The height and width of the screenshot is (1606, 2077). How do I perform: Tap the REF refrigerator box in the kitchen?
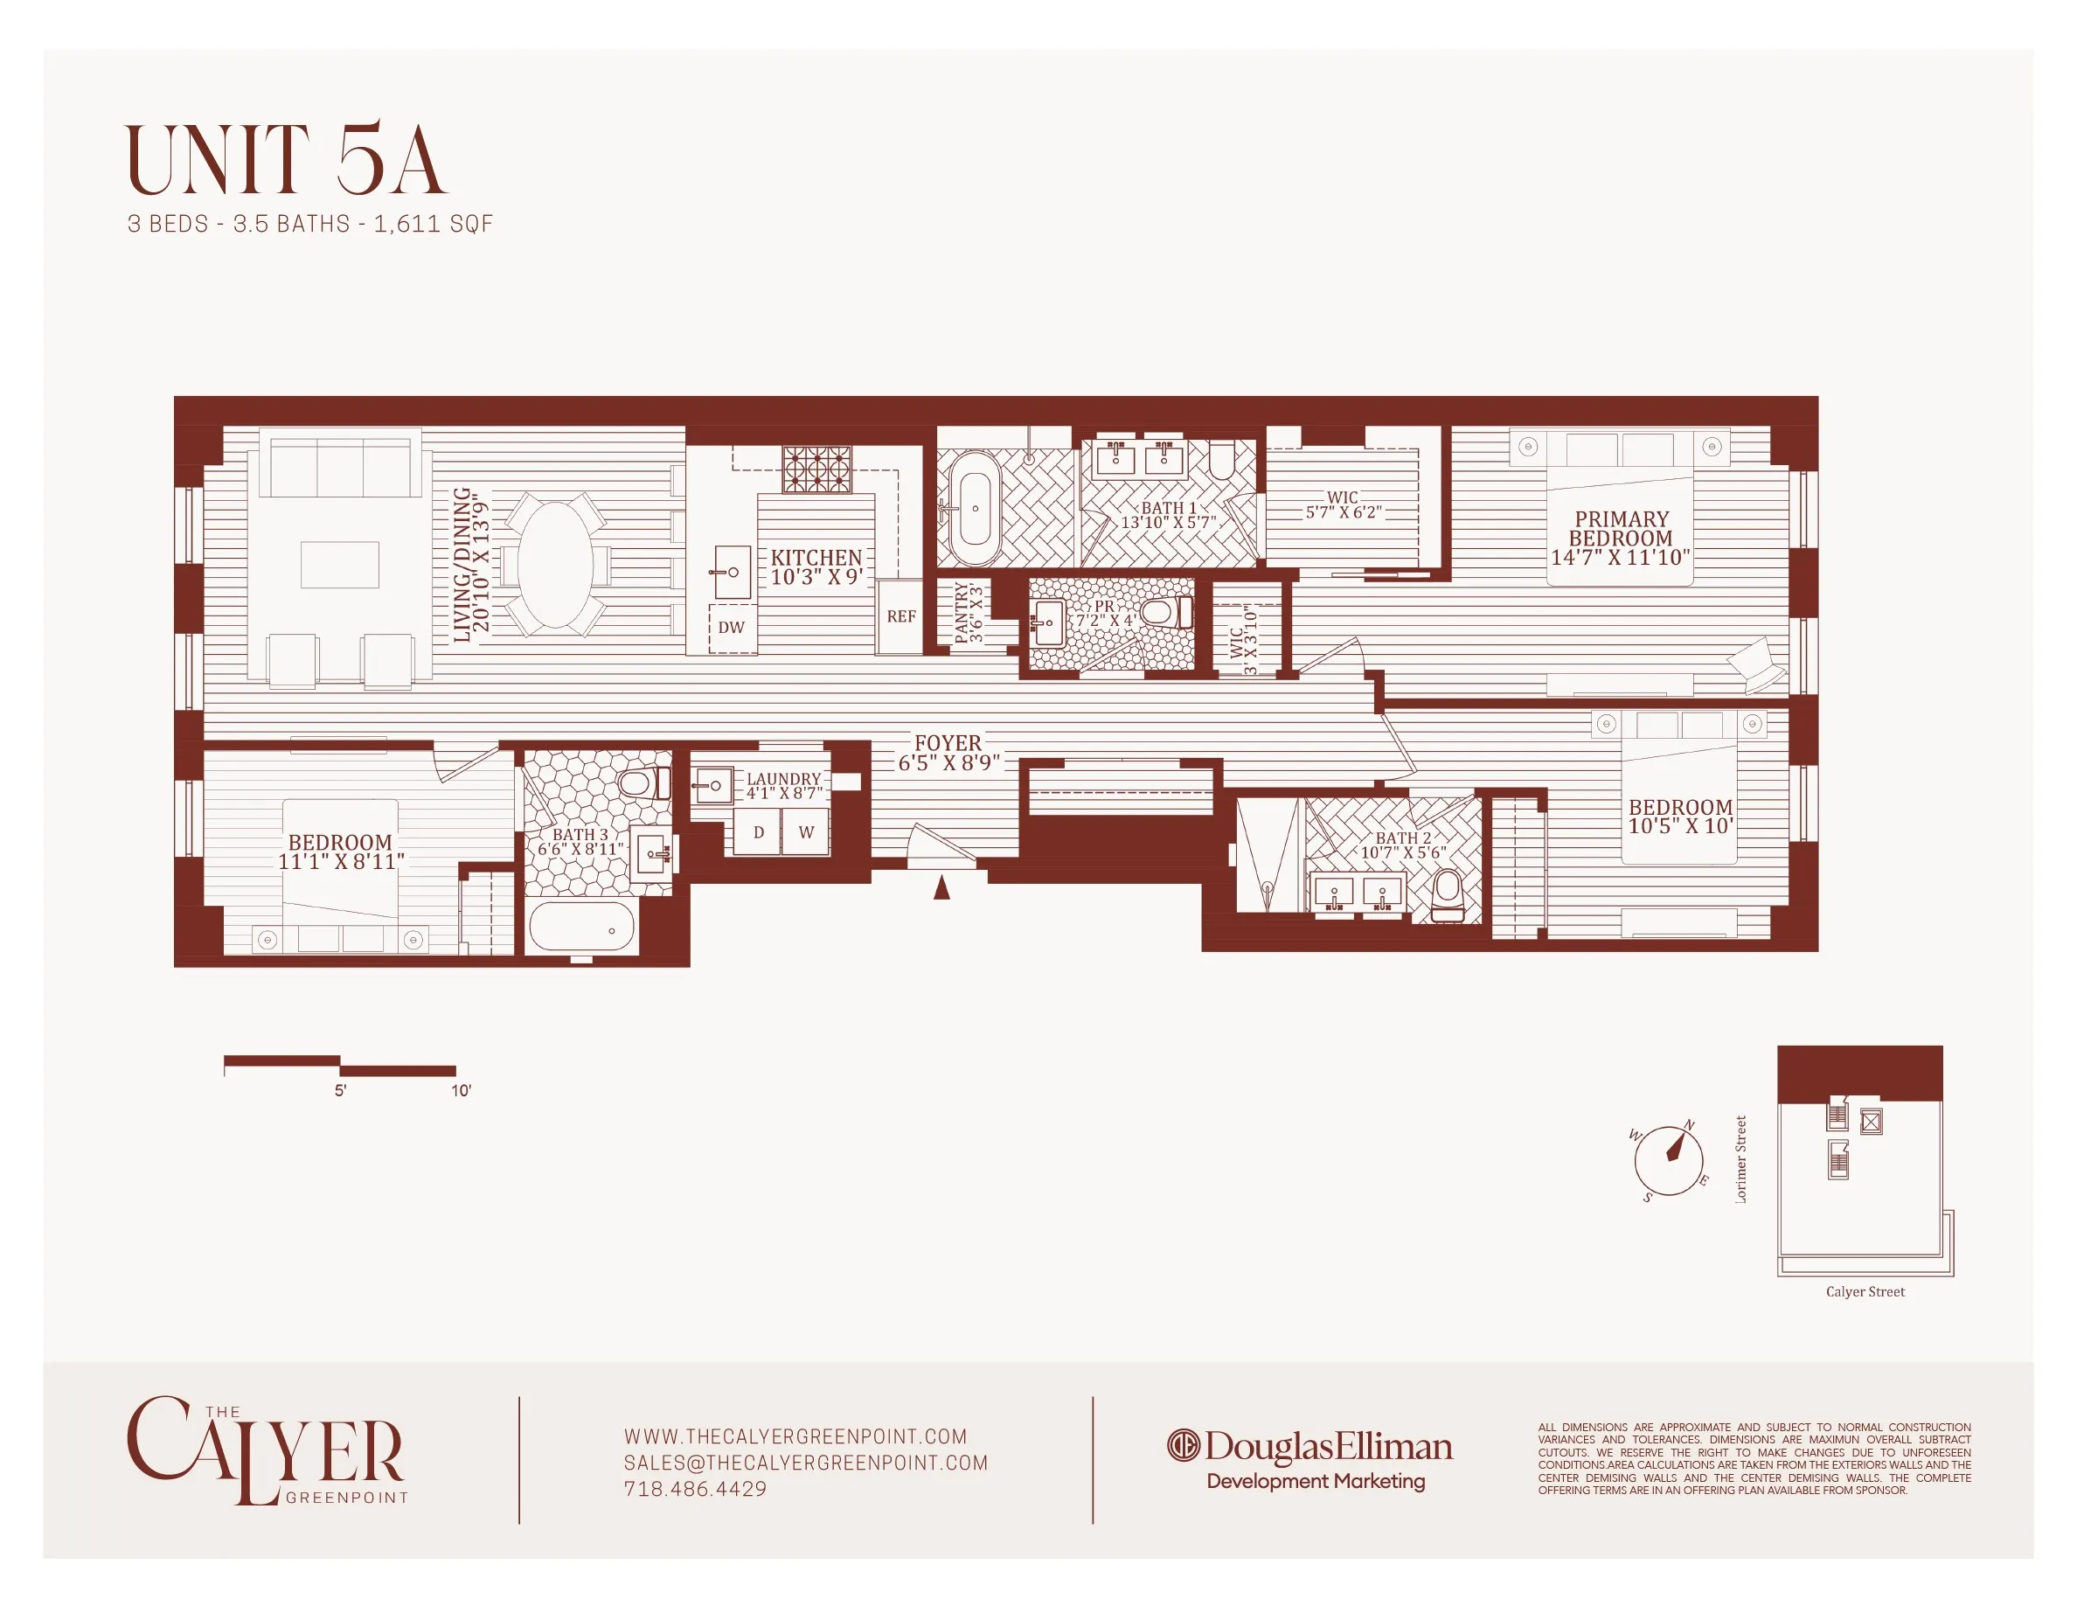pyautogui.click(x=900, y=616)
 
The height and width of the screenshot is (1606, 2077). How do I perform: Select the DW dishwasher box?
pyautogui.click(x=732, y=628)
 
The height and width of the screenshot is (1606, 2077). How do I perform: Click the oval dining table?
pyautogui.click(x=556, y=565)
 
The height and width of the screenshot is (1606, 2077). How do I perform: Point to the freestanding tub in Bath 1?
pyautogui.click(x=975, y=509)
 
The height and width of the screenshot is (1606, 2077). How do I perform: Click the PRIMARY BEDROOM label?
pyautogui.click(x=1621, y=539)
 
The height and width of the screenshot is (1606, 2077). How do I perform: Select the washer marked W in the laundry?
pyautogui.click(x=805, y=833)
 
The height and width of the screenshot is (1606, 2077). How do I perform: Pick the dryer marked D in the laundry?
pyautogui.click(x=758, y=833)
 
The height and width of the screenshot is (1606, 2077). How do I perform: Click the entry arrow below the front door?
pyautogui.click(x=941, y=887)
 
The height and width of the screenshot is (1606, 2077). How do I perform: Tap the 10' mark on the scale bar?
pyautogui.click(x=461, y=1091)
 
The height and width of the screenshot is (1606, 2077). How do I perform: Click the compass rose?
pyautogui.click(x=1668, y=1160)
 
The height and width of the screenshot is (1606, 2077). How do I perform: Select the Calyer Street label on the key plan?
pyautogui.click(x=1864, y=1291)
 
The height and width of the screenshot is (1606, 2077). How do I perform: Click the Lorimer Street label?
pyautogui.click(x=1741, y=1159)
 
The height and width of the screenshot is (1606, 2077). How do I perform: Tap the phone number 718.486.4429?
pyautogui.click(x=695, y=1489)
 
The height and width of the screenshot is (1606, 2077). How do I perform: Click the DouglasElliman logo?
pyautogui.click(x=1309, y=1446)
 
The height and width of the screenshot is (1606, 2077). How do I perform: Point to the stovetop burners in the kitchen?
pyautogui.click(x=816, y=469)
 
